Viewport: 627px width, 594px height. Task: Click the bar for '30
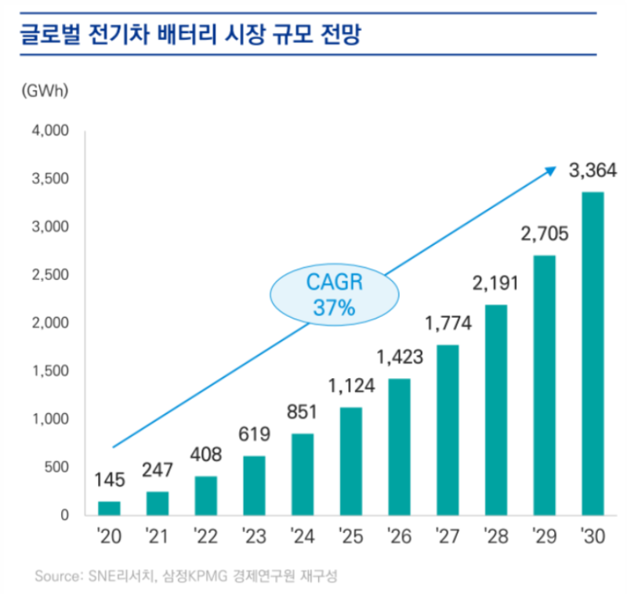point(592,354)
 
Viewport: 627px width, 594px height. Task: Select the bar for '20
point(110,508)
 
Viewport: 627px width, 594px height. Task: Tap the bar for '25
point(351,461)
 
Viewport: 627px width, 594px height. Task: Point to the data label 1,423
point(399,358)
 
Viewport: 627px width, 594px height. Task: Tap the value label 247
point(158,471)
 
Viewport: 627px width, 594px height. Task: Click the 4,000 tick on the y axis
point(51,131)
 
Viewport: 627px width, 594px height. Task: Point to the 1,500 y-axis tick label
point(51,371)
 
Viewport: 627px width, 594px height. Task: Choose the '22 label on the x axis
point(205,538)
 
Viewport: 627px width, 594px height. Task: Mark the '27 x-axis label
point(447,538)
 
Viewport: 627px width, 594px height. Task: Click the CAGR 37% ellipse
point(333,294)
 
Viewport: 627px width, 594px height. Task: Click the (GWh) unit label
point(45,89)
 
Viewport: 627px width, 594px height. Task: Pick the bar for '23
point(254,485)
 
